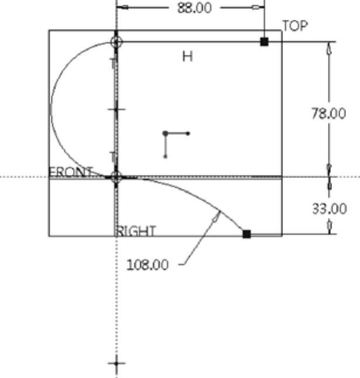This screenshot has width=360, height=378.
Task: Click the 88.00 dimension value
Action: pos(194,8)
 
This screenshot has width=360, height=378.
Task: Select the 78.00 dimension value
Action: pos(328,113)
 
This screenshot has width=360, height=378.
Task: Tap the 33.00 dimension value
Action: pos(330,209)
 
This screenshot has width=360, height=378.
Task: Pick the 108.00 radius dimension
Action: pos(148,265)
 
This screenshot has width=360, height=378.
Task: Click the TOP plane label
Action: pos(295,26)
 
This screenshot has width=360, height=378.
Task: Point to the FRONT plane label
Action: pos(71,172)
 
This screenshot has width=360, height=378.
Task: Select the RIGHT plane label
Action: pos(136,231)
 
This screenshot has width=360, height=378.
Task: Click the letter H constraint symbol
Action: pos(188,57)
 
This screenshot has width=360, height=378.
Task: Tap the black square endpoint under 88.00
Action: pos(264,41)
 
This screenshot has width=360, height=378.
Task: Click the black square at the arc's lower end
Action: pos(247,234)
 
